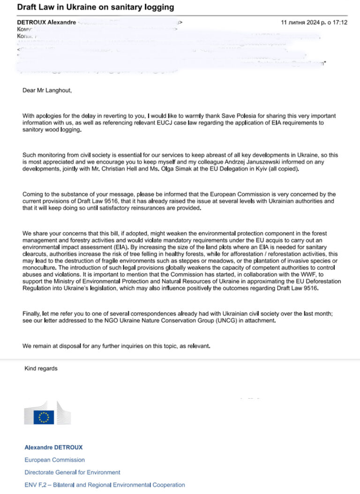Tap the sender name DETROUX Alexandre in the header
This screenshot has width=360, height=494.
pyautogui.click(x=46, y=23)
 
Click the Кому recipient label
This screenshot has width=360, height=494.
pyautogui.click(x=25, y=29)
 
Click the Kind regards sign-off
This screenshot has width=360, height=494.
pyautogui.click(x=41, y=369)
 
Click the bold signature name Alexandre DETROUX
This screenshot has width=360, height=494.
pyautogui.click(x=53, y=447)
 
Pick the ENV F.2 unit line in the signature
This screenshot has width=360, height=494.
pyautogui.click(x=105, y=485)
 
